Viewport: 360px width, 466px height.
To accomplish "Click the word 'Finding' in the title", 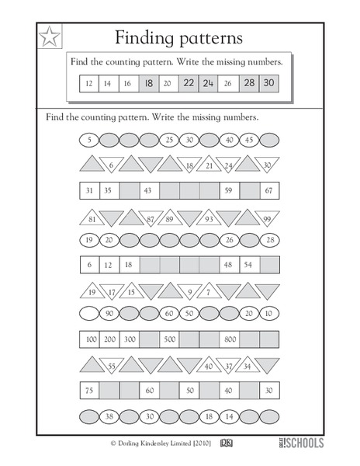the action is (144, 37).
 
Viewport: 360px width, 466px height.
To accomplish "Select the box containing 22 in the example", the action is (189, 83).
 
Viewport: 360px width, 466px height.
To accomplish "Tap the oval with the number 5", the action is (89, 141).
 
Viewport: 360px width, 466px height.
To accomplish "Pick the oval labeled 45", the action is (249, 141).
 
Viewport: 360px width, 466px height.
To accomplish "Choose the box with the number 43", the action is (149, 190).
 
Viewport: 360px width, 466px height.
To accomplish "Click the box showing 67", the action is (268, 190).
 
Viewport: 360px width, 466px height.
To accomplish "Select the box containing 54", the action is (249, 265).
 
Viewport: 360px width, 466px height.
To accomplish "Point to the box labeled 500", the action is (169, 339).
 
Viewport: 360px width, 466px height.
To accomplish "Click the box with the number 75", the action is (89, 390).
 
